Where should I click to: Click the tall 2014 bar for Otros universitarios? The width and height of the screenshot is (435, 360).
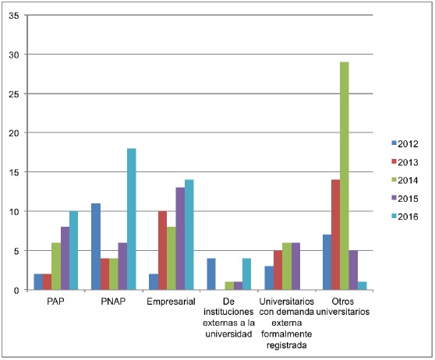click(x=343, y=176)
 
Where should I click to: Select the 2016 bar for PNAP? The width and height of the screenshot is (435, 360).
click(x=132, y=219)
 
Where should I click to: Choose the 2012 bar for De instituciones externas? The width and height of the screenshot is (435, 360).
click(x=210, y=274)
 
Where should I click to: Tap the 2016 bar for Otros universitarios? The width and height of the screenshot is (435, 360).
click(x=362, y=286)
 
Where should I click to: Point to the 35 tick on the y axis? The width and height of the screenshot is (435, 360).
click(x=14, y=16)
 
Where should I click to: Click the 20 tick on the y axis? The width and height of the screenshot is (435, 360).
click(x=14, y=133)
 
